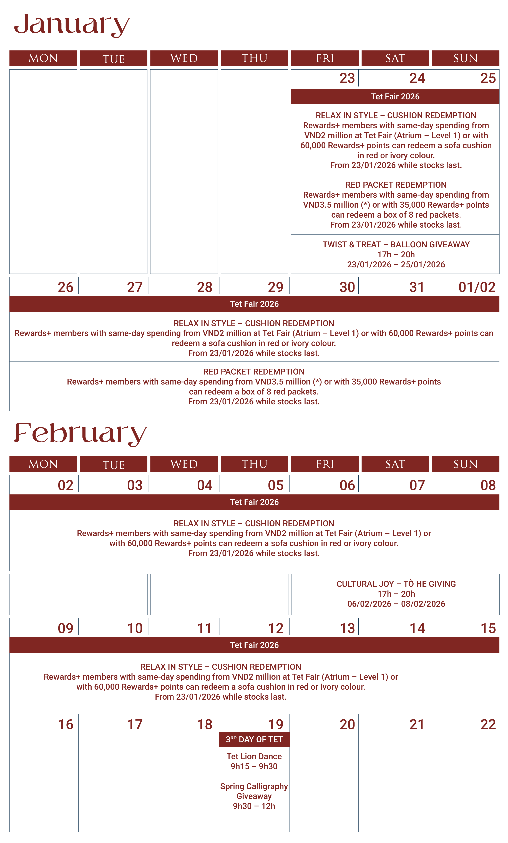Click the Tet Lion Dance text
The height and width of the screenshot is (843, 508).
(x=254, y=756)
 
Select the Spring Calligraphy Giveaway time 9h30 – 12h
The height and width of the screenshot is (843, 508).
(x=254, y=806)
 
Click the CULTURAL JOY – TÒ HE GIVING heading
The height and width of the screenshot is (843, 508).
(x=396, y=584)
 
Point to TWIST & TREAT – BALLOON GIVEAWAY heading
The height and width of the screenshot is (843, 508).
(x=396, y=245)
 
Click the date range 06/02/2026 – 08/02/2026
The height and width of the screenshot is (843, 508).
(x=396, y=604)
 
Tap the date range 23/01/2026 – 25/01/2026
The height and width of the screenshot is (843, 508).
(x=396, y=264)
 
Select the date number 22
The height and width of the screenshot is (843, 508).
(x=488, y=724)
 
